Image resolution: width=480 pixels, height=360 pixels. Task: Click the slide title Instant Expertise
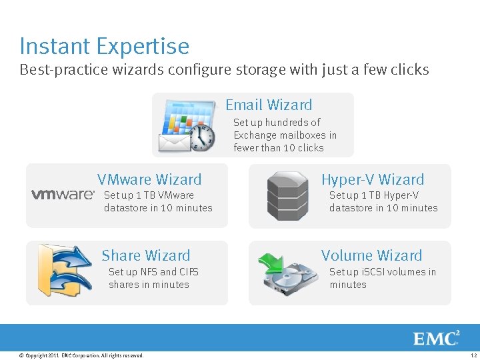[104, 46]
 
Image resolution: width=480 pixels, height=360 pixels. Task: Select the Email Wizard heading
[269, 105]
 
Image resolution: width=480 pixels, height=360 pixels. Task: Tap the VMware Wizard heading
[149, 179]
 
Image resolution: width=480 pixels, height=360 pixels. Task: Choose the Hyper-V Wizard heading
[372, 179]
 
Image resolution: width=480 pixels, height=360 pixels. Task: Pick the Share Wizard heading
[145, 255]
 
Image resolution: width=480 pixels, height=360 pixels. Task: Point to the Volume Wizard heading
[371, 255]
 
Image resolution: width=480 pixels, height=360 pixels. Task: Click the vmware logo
[63, 195]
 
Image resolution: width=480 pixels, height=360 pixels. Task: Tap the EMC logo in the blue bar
[437, 338]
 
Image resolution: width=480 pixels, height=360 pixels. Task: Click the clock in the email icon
[202, 137]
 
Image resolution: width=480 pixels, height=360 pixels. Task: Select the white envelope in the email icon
[173, 143]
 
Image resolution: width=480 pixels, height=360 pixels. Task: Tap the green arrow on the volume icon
[271, 261]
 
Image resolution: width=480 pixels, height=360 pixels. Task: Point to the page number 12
[472, 356]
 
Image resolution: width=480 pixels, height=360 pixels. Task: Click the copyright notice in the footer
[81, 356]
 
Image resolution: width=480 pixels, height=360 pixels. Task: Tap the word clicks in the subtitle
[409, 70]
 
